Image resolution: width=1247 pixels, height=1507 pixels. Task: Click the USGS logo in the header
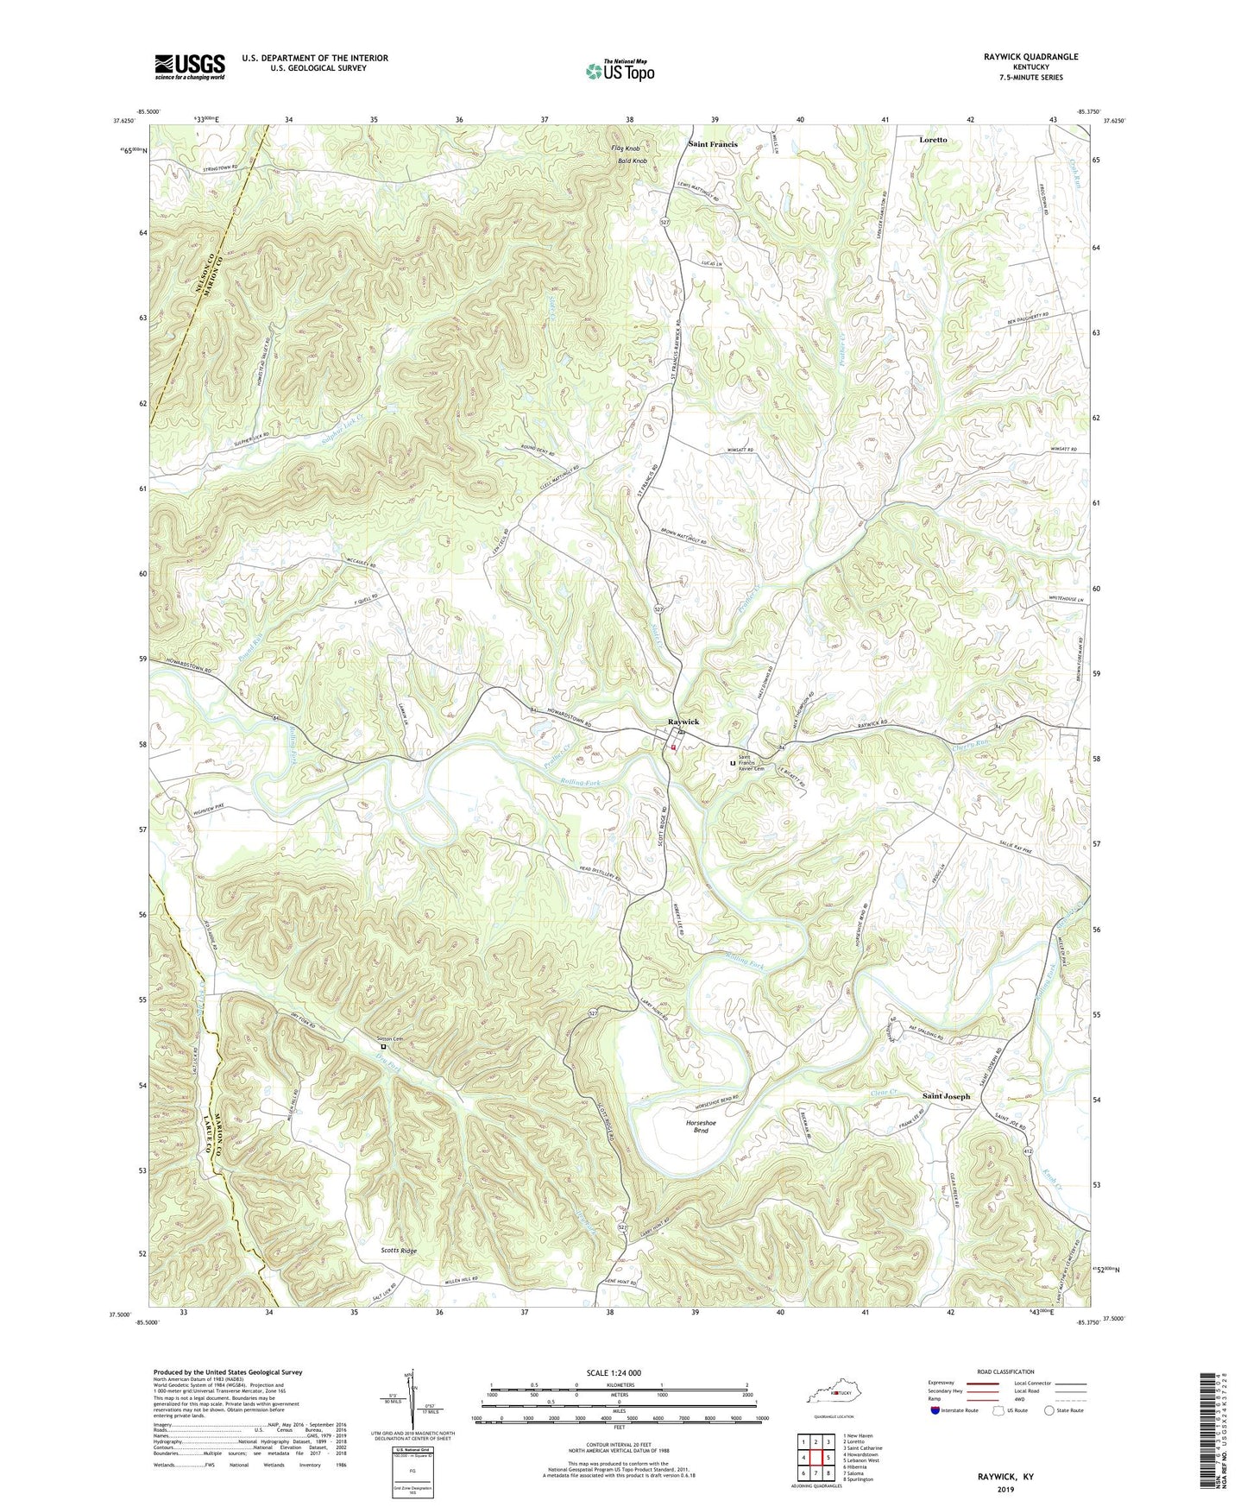click(x=190, y=66)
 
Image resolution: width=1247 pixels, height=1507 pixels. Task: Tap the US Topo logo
click(x=620, y=72)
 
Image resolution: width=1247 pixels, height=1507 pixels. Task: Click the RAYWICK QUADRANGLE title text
click(x=1030, y=57)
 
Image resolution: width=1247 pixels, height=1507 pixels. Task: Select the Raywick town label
click(x=683, y=722)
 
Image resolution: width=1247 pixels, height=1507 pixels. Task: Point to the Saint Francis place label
click(x=712, y=144)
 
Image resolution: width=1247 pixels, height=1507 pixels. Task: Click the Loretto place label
click(x=933, y=140)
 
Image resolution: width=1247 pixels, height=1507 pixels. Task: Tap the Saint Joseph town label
click(x=946, y=1096)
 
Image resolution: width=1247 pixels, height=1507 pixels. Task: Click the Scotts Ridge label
click(x=399, y=1251)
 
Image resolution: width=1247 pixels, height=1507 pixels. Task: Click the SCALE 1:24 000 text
click(x=614, y=1372)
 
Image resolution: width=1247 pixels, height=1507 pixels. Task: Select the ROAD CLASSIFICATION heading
click(x=1006, y=1371)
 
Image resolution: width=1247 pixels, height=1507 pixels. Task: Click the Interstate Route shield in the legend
click(x=935, y=1410)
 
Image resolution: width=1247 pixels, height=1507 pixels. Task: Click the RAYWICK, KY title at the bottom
click(x=1005, y=1477)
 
